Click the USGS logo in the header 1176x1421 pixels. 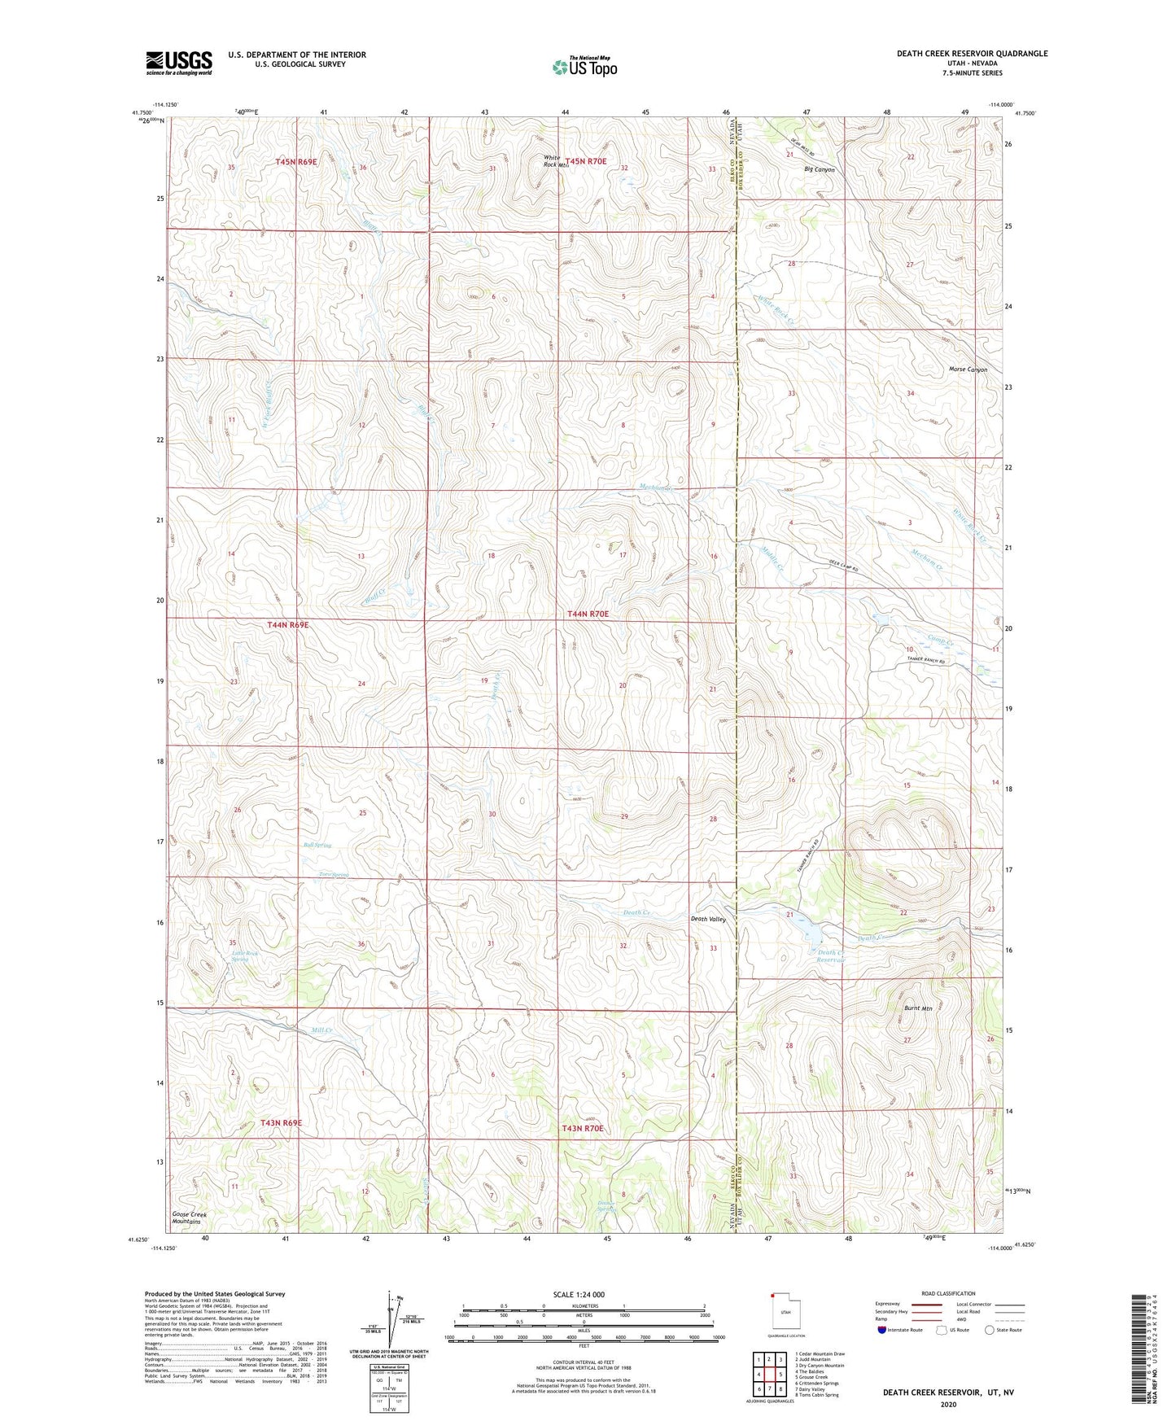[179, 63]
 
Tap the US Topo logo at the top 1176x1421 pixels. [584, 67]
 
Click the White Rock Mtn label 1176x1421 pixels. [553, 161]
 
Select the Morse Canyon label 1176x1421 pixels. [968, 369]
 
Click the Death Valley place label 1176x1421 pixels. [707, 919]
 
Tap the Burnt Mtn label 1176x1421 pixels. [918, 1008]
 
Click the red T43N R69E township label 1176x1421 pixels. [281, 1123]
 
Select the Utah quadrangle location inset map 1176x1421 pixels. [785, 1313]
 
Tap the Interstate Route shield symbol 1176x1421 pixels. [882, 1330]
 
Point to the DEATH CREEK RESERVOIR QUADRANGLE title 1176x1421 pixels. [972, 54]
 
